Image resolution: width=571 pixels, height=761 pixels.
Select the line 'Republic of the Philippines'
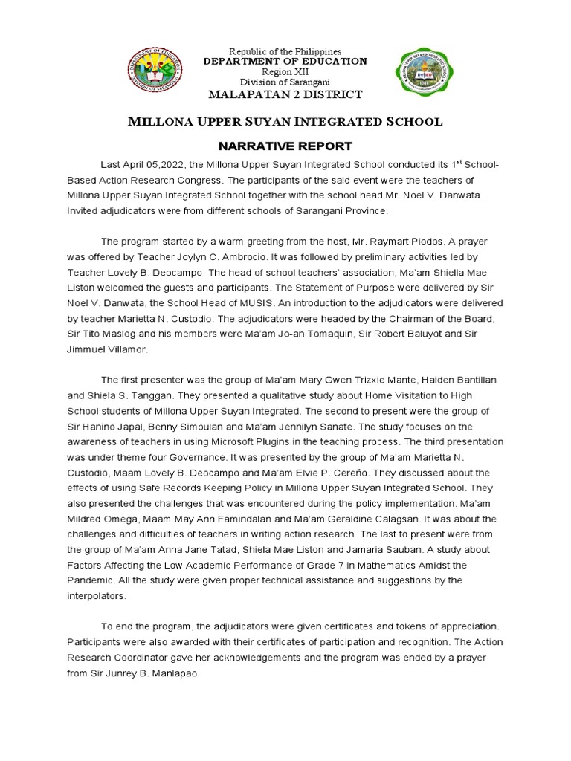pyautogui.click(x=285, y=51)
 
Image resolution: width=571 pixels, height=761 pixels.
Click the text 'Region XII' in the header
pyautogui.click(x=285, y=71)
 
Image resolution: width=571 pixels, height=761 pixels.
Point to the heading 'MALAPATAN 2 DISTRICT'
pyautogui.click(x=285, y=94)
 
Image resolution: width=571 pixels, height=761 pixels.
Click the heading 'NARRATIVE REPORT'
pyautogui.click(x=285, y=146)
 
